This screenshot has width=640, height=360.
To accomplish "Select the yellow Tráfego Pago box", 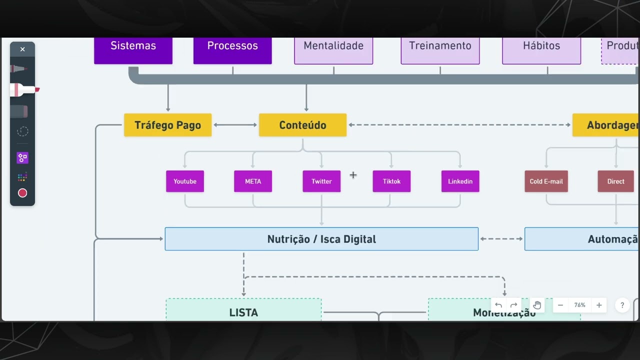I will (x=167, y=125).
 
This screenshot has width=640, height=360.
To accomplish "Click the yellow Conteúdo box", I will (x=302, y=125).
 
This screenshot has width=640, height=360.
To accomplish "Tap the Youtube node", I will (x=185, y=181).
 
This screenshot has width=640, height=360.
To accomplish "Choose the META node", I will (x=253, y=181).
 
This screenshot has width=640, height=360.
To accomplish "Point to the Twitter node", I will (x=321, y=181).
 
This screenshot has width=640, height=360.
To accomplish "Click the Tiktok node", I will (x=391, y=181).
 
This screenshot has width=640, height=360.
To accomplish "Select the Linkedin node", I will (x=460, y=181).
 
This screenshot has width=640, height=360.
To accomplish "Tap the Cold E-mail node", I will (x=546, y=181).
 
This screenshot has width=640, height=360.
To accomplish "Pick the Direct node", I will (x=615, y=181).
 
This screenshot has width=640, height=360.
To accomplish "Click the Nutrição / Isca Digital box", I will (x=321, y=239).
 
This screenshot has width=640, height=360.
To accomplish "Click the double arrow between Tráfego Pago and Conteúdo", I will (x=235, y=125).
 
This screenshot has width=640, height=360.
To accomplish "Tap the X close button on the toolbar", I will (x=22, y=49).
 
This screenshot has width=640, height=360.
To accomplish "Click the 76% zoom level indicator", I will (x=579, y=305).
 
